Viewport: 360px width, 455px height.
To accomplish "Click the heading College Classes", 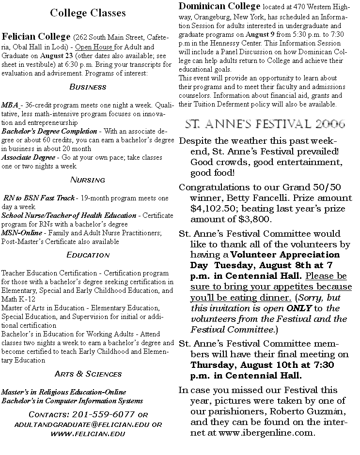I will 88,13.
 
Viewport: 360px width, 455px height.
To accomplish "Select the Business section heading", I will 88,87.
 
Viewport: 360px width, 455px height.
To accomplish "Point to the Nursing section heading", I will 88,180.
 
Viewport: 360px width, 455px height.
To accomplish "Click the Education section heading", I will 88,255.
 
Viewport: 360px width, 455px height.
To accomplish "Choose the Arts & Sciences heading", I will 88,374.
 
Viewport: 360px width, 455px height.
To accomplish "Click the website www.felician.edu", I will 88,433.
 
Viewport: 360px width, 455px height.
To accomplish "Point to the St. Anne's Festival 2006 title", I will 266,124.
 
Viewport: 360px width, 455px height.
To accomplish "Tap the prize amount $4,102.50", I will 211,209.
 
